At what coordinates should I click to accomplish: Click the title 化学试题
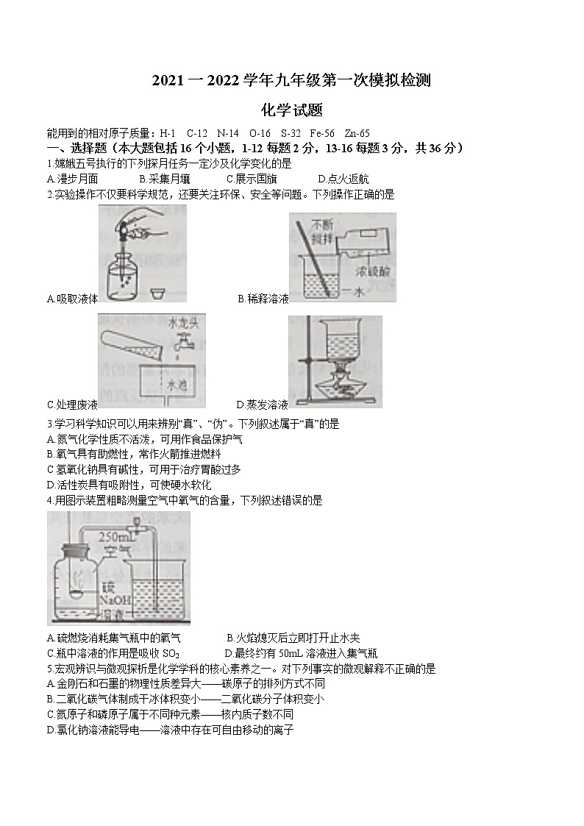click(x=292, y=111)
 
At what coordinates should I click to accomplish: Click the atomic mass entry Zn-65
click(x=356, y=133)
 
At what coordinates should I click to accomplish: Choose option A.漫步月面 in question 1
click(x=72, y=179)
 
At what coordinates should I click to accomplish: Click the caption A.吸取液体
click(x=71, y=299)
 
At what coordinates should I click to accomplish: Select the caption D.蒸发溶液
click(x=262, y=404)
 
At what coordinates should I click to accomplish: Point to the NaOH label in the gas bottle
click(x=114, y=599)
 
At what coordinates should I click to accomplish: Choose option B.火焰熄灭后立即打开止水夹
click(x=293, y=638)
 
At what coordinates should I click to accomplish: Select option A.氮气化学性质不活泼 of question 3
click(x=144, y=439)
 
